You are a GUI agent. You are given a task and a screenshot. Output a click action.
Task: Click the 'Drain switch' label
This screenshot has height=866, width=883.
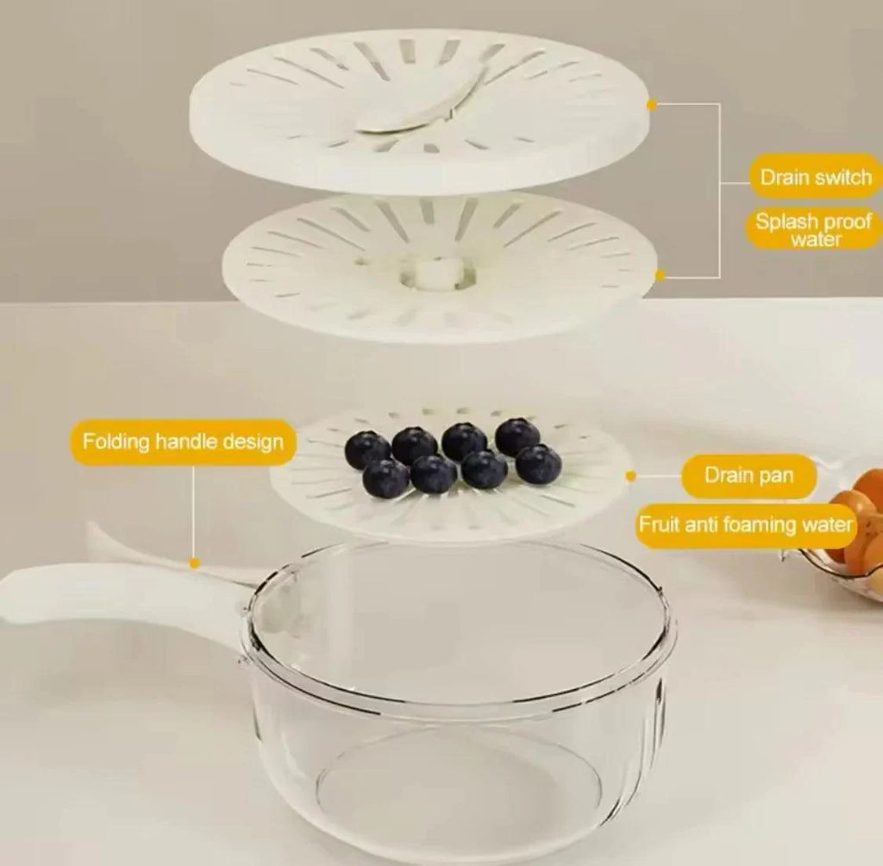pyautogui.click(x=815, y=179)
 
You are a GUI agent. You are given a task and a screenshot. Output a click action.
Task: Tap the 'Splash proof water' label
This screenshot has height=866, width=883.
pyautogui.click(x=815, y=229)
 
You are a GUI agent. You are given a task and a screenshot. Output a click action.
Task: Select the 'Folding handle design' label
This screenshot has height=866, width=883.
pyautogui.click(x=183, y=442)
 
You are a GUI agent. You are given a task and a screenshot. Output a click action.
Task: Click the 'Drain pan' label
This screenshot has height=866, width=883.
pyautogui.click(x=748, y=474)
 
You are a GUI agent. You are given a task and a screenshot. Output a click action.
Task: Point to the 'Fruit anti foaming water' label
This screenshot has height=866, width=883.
pyautogui.click(x=746, y=524)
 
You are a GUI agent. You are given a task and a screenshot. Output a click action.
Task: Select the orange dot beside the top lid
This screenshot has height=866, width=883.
pyautogui.click(x=652, y=104)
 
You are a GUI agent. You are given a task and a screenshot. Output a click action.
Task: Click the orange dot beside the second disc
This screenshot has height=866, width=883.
pyautogui.click(x=661, y=275)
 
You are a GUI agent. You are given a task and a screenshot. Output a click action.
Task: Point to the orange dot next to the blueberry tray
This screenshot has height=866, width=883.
pyautogui.click(x=631, y=475)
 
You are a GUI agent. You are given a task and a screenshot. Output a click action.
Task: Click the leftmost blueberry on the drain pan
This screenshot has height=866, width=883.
pyautogui.click(x=367, y=449)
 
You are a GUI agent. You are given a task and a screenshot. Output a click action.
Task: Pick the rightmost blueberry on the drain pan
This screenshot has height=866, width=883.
pyautogui.click(x=538, y=464)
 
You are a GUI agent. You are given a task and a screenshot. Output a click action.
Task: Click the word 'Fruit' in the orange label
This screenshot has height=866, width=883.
pyautogui.click(x=660, y=524)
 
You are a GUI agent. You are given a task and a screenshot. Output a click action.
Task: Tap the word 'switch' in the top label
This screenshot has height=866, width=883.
pyautogui.click(x=841, y=179)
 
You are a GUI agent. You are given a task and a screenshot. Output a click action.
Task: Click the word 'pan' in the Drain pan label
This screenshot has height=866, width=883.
pyautogui.click(x=776, y=474)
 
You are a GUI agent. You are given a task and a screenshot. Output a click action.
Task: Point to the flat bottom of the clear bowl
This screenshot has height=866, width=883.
pyautogui.click(x=457, y=785)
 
